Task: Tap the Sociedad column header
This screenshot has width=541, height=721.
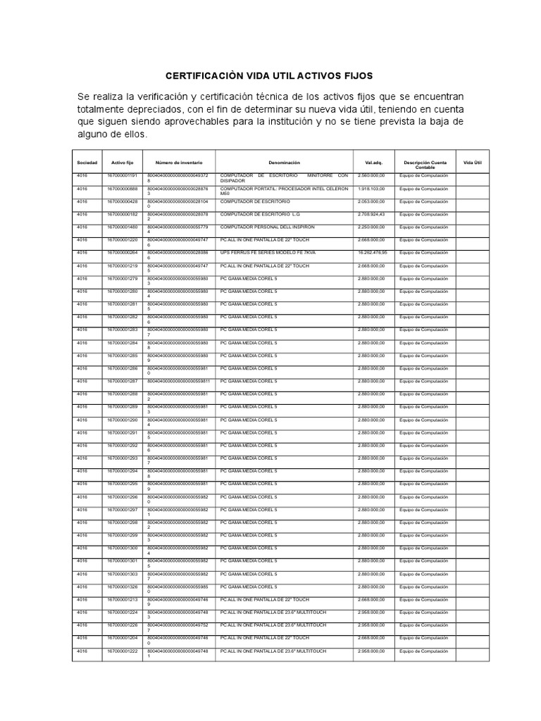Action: pos(87,163)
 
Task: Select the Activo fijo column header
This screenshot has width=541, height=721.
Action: pos(122,163)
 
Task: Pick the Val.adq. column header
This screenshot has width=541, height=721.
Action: pos(373,163)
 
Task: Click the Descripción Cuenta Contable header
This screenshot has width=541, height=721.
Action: pos(425,165)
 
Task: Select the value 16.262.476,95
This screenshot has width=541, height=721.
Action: pos(374,253)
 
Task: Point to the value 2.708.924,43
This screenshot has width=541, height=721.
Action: pos(373,214)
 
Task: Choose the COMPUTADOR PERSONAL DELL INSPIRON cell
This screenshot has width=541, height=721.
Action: pos(267,227)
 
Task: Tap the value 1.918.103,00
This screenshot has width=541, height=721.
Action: pos(371,189)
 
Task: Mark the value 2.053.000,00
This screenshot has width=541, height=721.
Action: pos(371,201)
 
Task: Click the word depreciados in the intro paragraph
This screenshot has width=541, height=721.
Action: pos(162,109)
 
